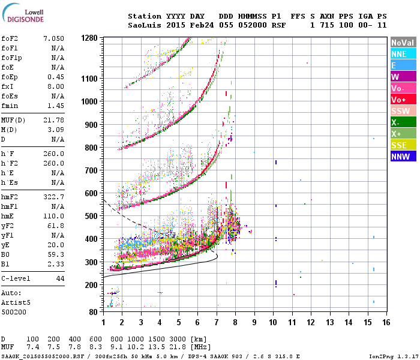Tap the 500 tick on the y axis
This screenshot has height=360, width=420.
click(91, 216)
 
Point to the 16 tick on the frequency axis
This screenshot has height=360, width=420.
click(386, 322)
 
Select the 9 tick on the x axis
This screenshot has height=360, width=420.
click(254, 322)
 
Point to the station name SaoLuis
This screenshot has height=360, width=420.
click(144, 25)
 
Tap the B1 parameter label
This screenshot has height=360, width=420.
click(5, 264)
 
